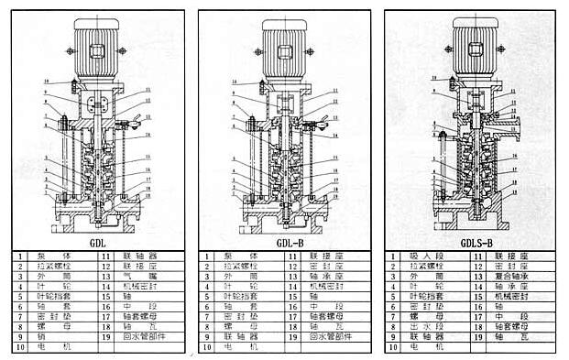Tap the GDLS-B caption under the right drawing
[476, 243]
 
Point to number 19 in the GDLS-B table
[476, 337]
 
